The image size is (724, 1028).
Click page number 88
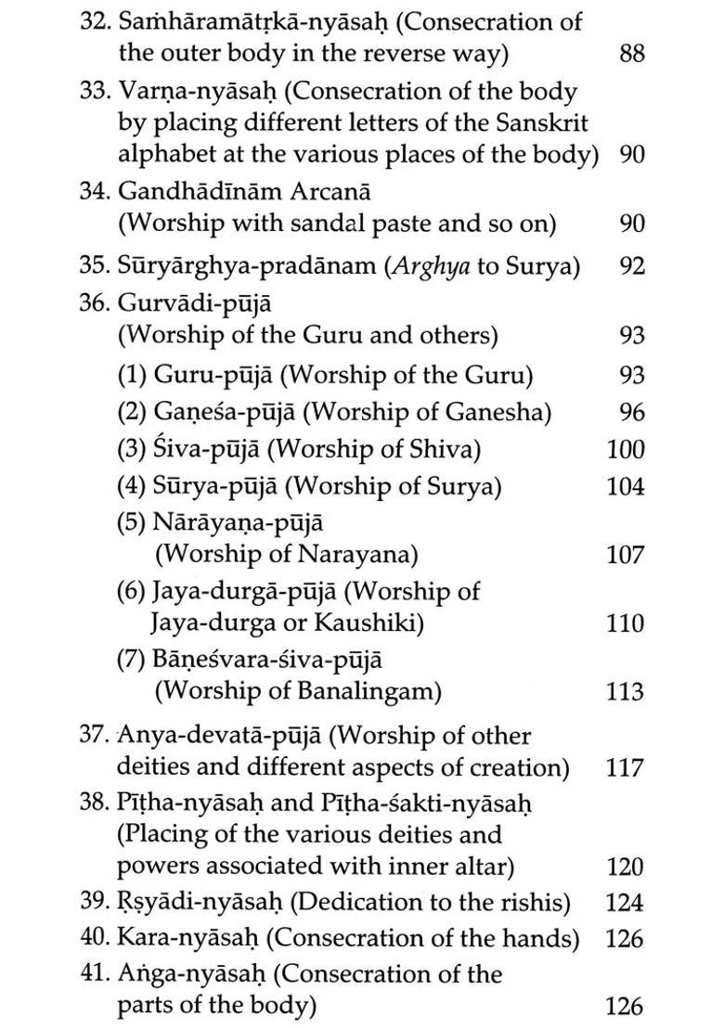tap(631, 54)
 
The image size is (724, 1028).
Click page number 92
tap(631, 267)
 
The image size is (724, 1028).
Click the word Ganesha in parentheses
tap(498, 412)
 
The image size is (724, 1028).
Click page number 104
tap(626, 486)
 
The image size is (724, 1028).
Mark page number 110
tap(626, 623)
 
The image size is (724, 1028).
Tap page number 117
tap(626, 768)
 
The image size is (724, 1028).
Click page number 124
tap(626, 903)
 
